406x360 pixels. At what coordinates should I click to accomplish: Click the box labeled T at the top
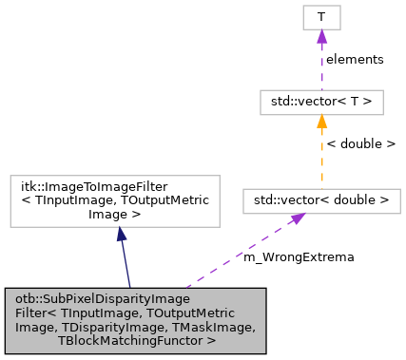click(x=321, y=16)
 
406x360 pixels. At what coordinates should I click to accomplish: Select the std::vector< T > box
click(x=321, y=102)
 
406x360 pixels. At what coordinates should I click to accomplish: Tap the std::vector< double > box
click(x=321, y=200)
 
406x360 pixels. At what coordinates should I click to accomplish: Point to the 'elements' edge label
click(x=355, y=59)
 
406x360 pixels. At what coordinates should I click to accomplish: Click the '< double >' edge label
click(x=360, y=144)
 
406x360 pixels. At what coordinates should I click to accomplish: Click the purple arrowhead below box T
click(x=321, y=36)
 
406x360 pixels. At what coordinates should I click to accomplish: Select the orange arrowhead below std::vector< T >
click(x=321, y=122)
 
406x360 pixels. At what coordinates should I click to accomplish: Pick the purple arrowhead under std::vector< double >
click(x=298, y=219)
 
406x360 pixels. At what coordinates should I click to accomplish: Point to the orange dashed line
click(x=321, y=161)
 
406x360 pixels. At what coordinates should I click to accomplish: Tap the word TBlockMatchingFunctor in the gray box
click(x=134, y=339)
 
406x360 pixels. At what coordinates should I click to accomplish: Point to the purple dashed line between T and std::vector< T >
click(x=321, y=71)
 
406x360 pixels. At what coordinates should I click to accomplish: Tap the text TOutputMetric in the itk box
click(x=170, y=200)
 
